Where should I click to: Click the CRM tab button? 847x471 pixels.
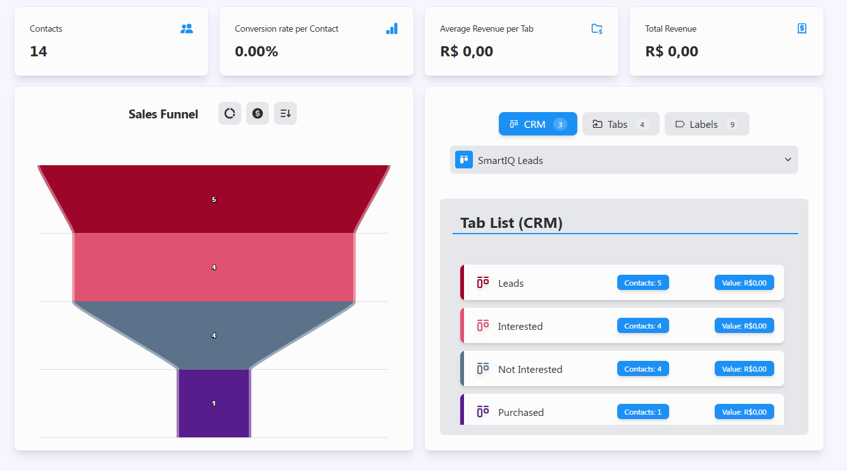click(x=537, y=124)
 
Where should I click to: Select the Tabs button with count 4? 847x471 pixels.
click(x=620, y=124)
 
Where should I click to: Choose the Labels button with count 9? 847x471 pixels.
click(x=706, y=124)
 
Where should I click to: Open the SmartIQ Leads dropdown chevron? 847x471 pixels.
click(x=787, y=160)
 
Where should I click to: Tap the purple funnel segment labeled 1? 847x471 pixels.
click(x=214, y=403)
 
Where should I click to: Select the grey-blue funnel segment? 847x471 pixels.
click(x=214, y=336)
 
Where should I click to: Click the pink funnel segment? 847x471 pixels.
click(x=214, y=267)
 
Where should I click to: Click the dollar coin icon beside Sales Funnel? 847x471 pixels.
click(x=258, y=113)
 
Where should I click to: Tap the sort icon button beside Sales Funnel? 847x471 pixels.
click(x=285, y=113)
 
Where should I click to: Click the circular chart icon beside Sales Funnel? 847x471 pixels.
click(x=230, y=113)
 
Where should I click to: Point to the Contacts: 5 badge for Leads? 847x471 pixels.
click(x=643, y=283)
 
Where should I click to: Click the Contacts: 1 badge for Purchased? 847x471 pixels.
click(x=643, y=412)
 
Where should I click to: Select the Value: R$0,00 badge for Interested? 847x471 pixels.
click(x=744, y=326)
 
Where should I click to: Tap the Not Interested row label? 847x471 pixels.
click(x=530, y=370)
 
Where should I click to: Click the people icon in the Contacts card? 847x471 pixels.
click(x=187, y=28)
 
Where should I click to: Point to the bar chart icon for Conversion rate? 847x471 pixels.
click(x=392, y=28)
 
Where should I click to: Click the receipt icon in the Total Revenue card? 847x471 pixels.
click(x=802, y=28)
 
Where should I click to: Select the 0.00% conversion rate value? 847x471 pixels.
click(x=256, y=52)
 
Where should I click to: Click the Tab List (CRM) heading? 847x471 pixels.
click(x=511, y=223)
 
